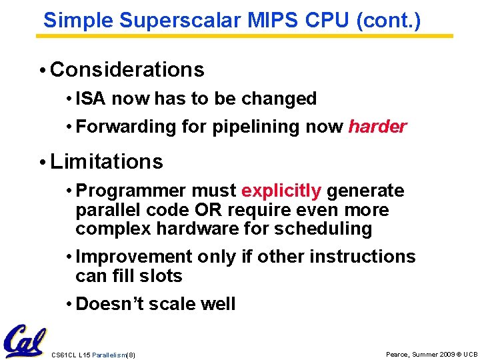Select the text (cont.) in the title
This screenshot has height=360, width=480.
pos(389,20)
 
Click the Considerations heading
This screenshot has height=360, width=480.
pos(127,69)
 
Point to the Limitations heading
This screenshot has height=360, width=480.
pos(106,161)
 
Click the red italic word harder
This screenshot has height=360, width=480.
pos(377,127)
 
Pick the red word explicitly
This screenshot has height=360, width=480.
pos(281,191)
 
